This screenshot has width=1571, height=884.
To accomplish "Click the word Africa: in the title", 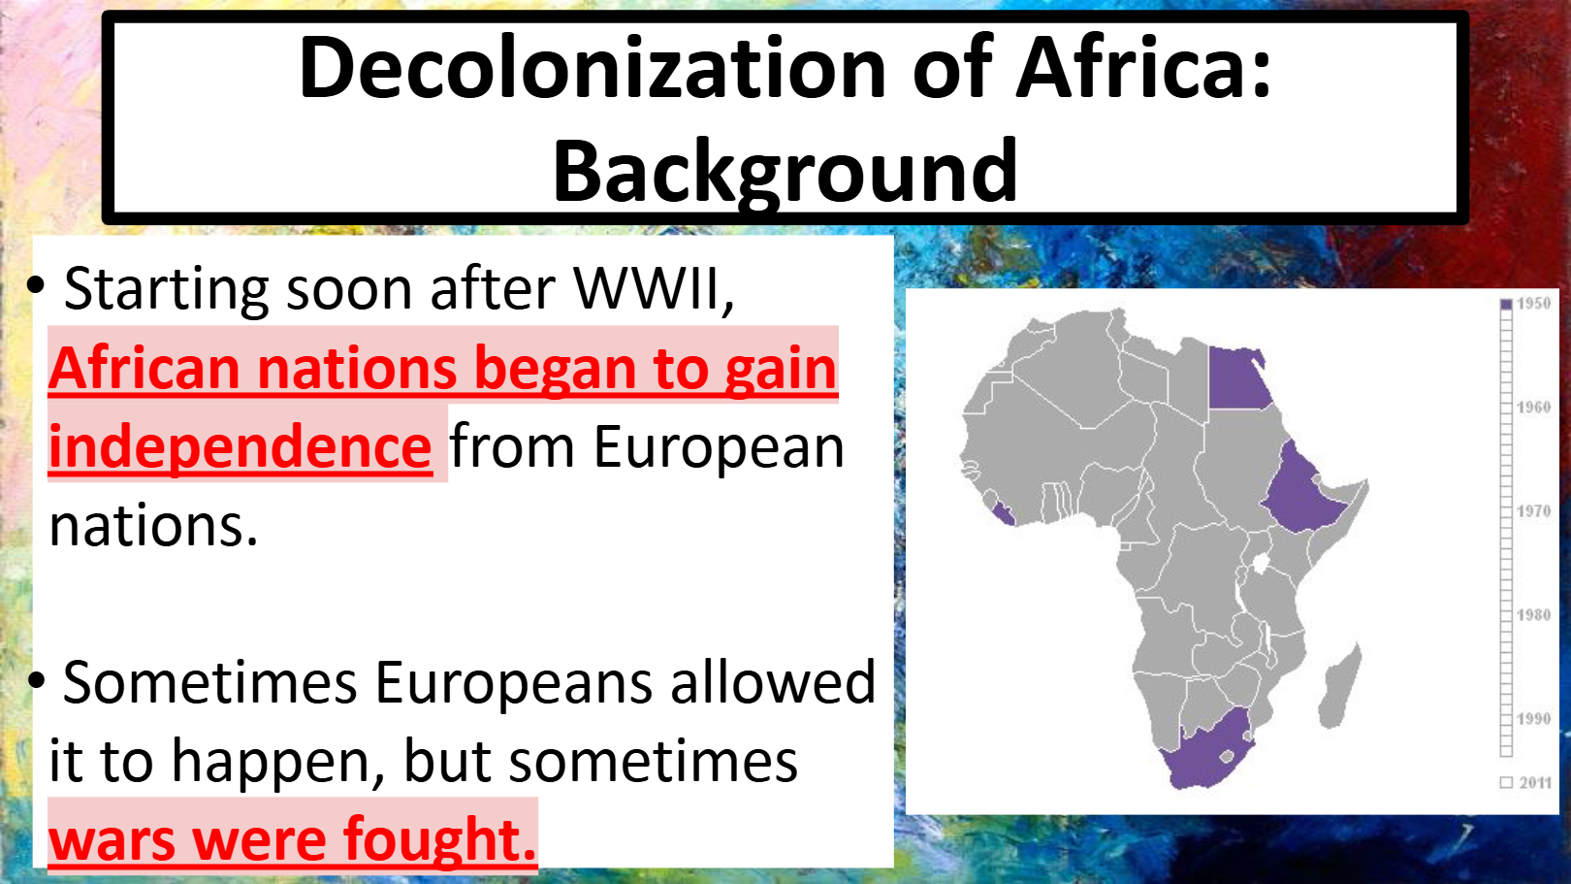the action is [x=1144, y=67].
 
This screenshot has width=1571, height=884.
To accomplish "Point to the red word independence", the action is [x=240, y=446].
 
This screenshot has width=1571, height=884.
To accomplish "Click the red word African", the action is [x=144, y=368].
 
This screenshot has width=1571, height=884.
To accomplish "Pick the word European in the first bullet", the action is [x=719, y=447].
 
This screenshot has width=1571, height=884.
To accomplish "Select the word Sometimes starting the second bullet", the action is [x=209, y=682].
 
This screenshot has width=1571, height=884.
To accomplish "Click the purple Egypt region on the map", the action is [x=1237, y=377].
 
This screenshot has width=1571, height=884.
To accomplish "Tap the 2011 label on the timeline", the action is [x=1535, y=782].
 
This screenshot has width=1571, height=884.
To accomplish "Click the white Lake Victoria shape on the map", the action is [x=1261, y=564].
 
